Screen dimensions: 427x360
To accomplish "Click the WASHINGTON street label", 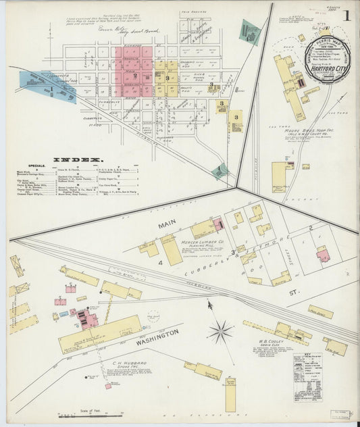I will [x=156, y=337].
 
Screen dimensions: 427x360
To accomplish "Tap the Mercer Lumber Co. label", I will [x=220, y=237].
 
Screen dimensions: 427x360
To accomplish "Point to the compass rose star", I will [x=220, y=331].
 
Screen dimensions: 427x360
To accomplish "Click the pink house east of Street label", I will [x=322, y=255].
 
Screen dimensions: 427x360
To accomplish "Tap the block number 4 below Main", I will [x=161, y=261].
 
